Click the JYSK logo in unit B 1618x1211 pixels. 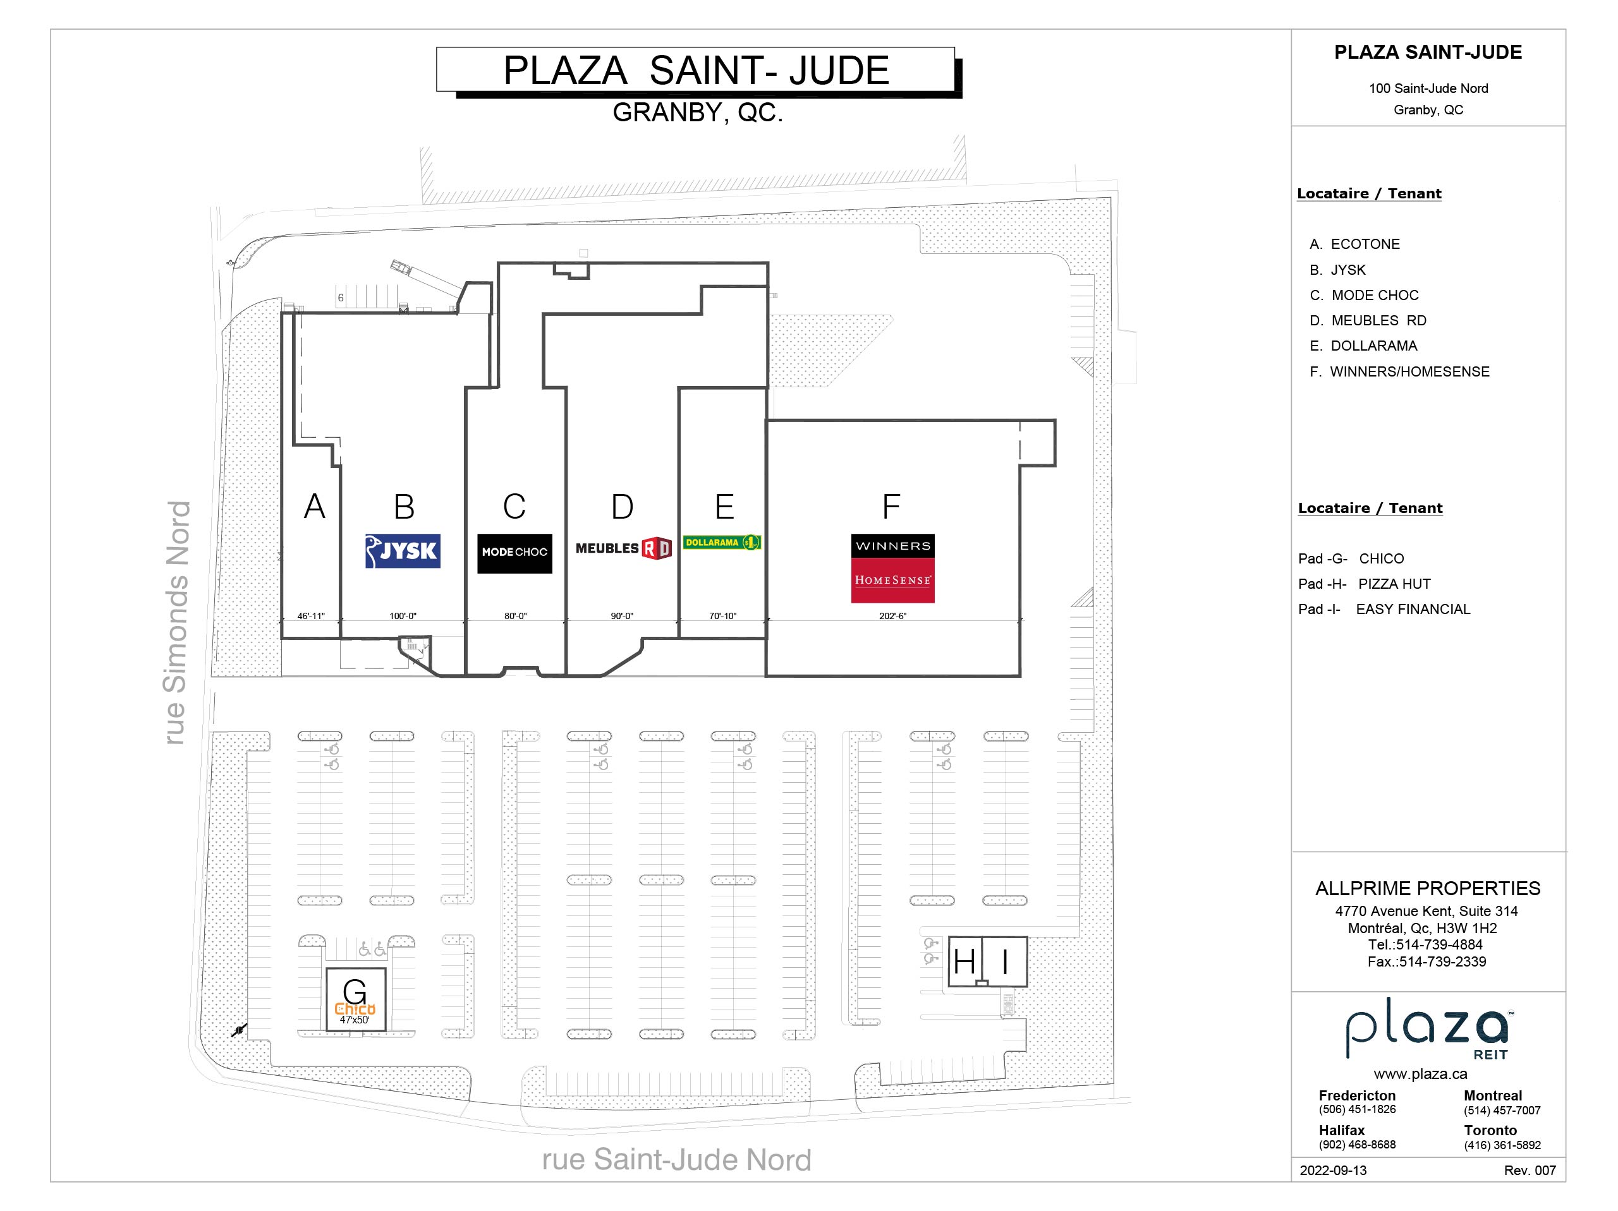tap(403, 551)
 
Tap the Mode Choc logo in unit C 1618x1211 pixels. tap(514, 552)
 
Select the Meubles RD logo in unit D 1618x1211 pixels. tap(623, 548)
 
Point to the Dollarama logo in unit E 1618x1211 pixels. tap(722, 543)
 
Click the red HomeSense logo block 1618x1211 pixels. tap(892, 581)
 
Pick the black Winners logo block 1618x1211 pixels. tap(892, 546)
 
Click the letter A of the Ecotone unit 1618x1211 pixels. tap(315, 506)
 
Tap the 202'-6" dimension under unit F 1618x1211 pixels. tap(892, 617)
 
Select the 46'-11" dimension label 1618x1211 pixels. tap(311, 617)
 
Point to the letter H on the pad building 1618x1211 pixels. tap(964, 961)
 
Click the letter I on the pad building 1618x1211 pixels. tap(1005, 961)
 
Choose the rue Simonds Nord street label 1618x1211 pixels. tap(177, 623)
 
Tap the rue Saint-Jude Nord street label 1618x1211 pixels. tap(677, 1160)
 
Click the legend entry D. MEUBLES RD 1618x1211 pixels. tap(1368, 320)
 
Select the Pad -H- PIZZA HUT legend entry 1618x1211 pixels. tap(1364, 584)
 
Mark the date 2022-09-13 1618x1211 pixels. tap(1333, 1170)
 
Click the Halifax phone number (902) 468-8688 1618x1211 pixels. tap(1357, 1145)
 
